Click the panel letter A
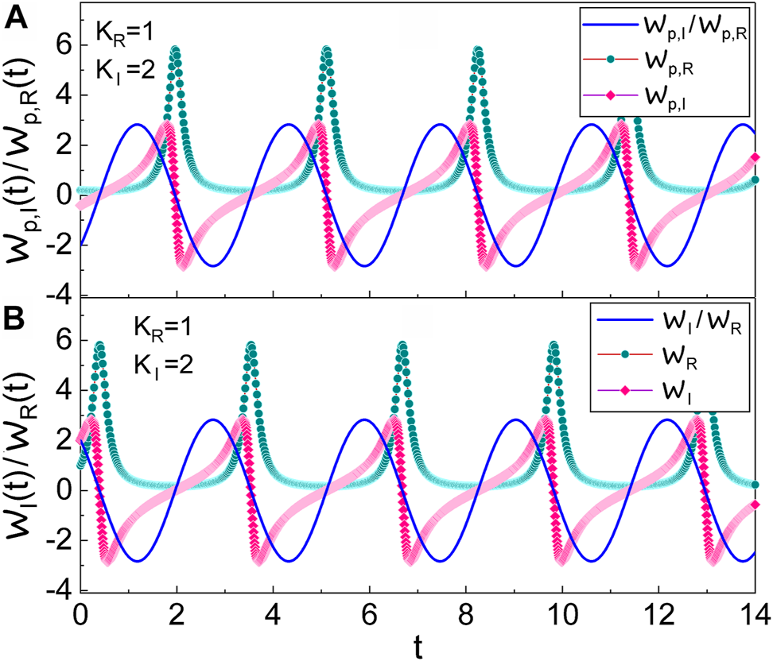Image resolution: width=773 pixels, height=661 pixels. click(x=17, y=17)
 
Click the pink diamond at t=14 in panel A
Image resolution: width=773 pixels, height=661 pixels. click(x=755, y=156)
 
